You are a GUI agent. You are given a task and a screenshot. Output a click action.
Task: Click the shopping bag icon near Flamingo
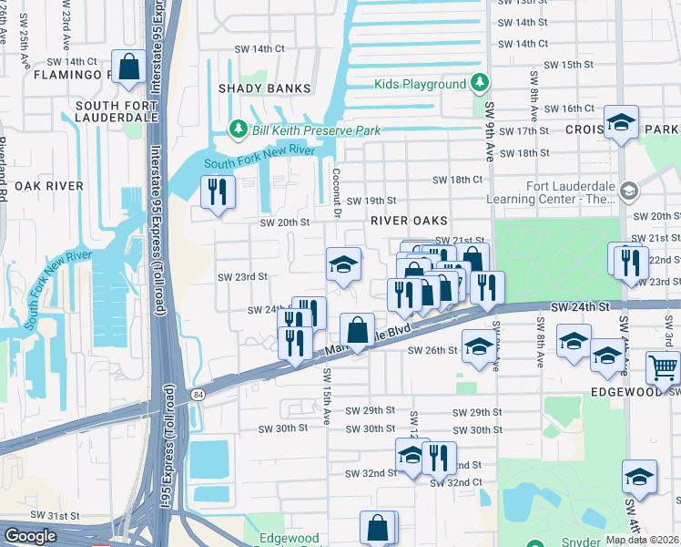click(129, 67)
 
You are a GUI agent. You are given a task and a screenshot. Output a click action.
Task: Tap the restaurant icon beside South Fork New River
click(217, 191)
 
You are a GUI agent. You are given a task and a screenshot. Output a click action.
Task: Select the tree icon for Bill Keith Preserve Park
click(239, 130)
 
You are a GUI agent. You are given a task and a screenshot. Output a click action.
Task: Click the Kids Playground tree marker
click(480, 85)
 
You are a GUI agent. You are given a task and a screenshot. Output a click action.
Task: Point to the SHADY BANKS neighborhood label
click(264, 89)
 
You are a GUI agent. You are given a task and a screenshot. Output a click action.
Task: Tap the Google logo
click(30, 536)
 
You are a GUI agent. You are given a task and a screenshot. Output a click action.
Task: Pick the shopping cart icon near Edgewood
click(663, 368)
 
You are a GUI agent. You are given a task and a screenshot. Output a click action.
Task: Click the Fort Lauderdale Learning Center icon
click(628, 191)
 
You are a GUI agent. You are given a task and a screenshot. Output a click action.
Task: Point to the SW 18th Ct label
click(456, 181)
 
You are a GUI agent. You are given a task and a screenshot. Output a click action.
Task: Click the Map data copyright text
click(641, 540)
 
